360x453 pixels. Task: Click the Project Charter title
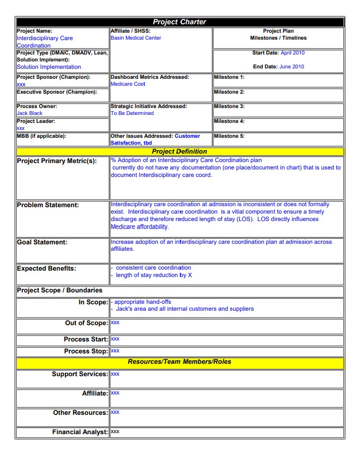[x=179, y=22]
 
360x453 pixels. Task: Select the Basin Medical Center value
[x=136, y=38]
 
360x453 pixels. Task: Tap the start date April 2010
[x=292, y=53]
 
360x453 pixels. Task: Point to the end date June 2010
[x=292, y=66]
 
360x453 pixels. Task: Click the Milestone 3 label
[x=229, y=106]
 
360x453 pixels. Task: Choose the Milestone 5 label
[x=229, y=136]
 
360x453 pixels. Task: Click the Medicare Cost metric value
[x=128, y=84]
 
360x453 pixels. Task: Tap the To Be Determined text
[x=132, y=113]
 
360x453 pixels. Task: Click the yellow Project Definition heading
[x=179, y=151]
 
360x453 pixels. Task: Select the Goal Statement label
[x=42, y=242]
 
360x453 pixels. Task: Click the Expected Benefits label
[x=46, y=269]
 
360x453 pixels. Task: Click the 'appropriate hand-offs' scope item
[x=143, y=301]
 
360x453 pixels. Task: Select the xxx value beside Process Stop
[x=115, y=351]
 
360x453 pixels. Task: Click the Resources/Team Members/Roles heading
[x=179, y=362]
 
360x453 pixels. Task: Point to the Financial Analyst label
[x=80, y=432]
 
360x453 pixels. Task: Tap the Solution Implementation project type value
[x=49, y=66]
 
